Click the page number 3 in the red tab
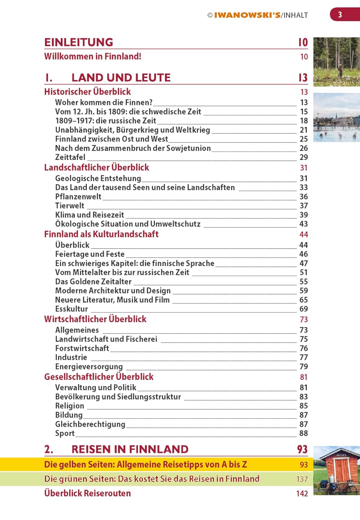click(x=340, y=15)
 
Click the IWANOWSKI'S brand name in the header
click(x=247, y=15)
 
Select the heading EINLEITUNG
click(x=79, y=42)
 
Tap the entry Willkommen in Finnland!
click(x=93, y=57)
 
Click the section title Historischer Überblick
click(x=87, y=92)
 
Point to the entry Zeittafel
click(x=70, y=157)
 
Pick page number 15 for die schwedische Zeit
click(x=304, y=112)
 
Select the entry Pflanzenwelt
click(x=78, y=197)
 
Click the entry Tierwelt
click(x=70, y=206)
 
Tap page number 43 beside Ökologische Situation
click(x=303, y=224)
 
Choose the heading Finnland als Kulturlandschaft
click(x=101, y=234)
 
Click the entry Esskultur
click(x=71, y=309)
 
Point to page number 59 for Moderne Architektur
click(x=303, y=291)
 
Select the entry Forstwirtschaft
click(x=82, y=348)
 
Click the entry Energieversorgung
click(x=89, y=367)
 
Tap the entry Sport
click(x=65, y=433)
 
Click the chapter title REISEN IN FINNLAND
click(x=130, y=449)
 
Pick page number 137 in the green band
click(x=302, y=479)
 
